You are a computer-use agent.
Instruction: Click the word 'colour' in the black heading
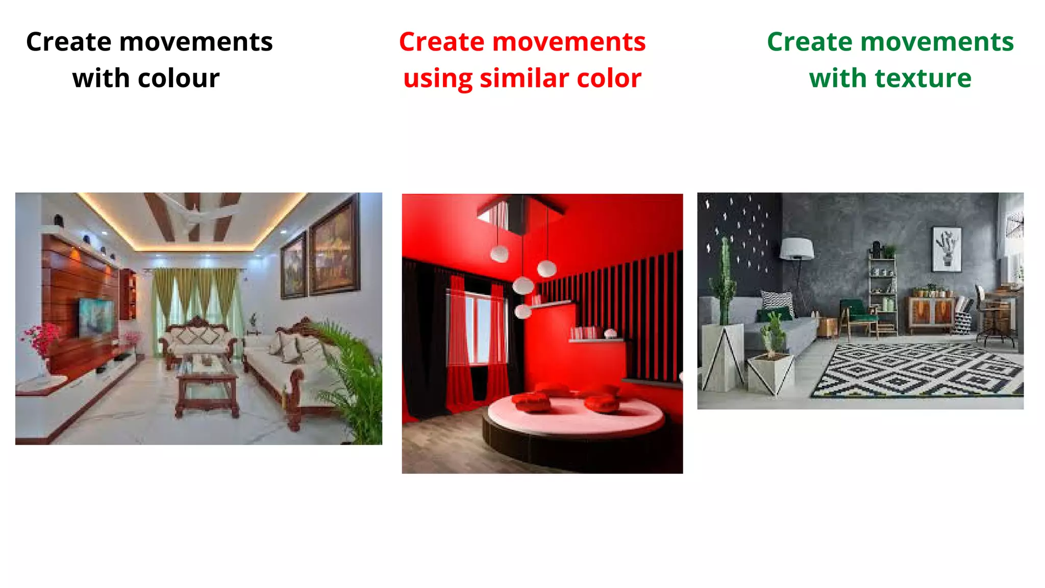178,79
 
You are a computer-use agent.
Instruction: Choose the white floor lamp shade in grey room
797,249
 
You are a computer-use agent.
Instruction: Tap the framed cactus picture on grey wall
947,249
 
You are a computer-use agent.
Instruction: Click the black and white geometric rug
918,370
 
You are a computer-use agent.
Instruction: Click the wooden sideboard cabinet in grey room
931,314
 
